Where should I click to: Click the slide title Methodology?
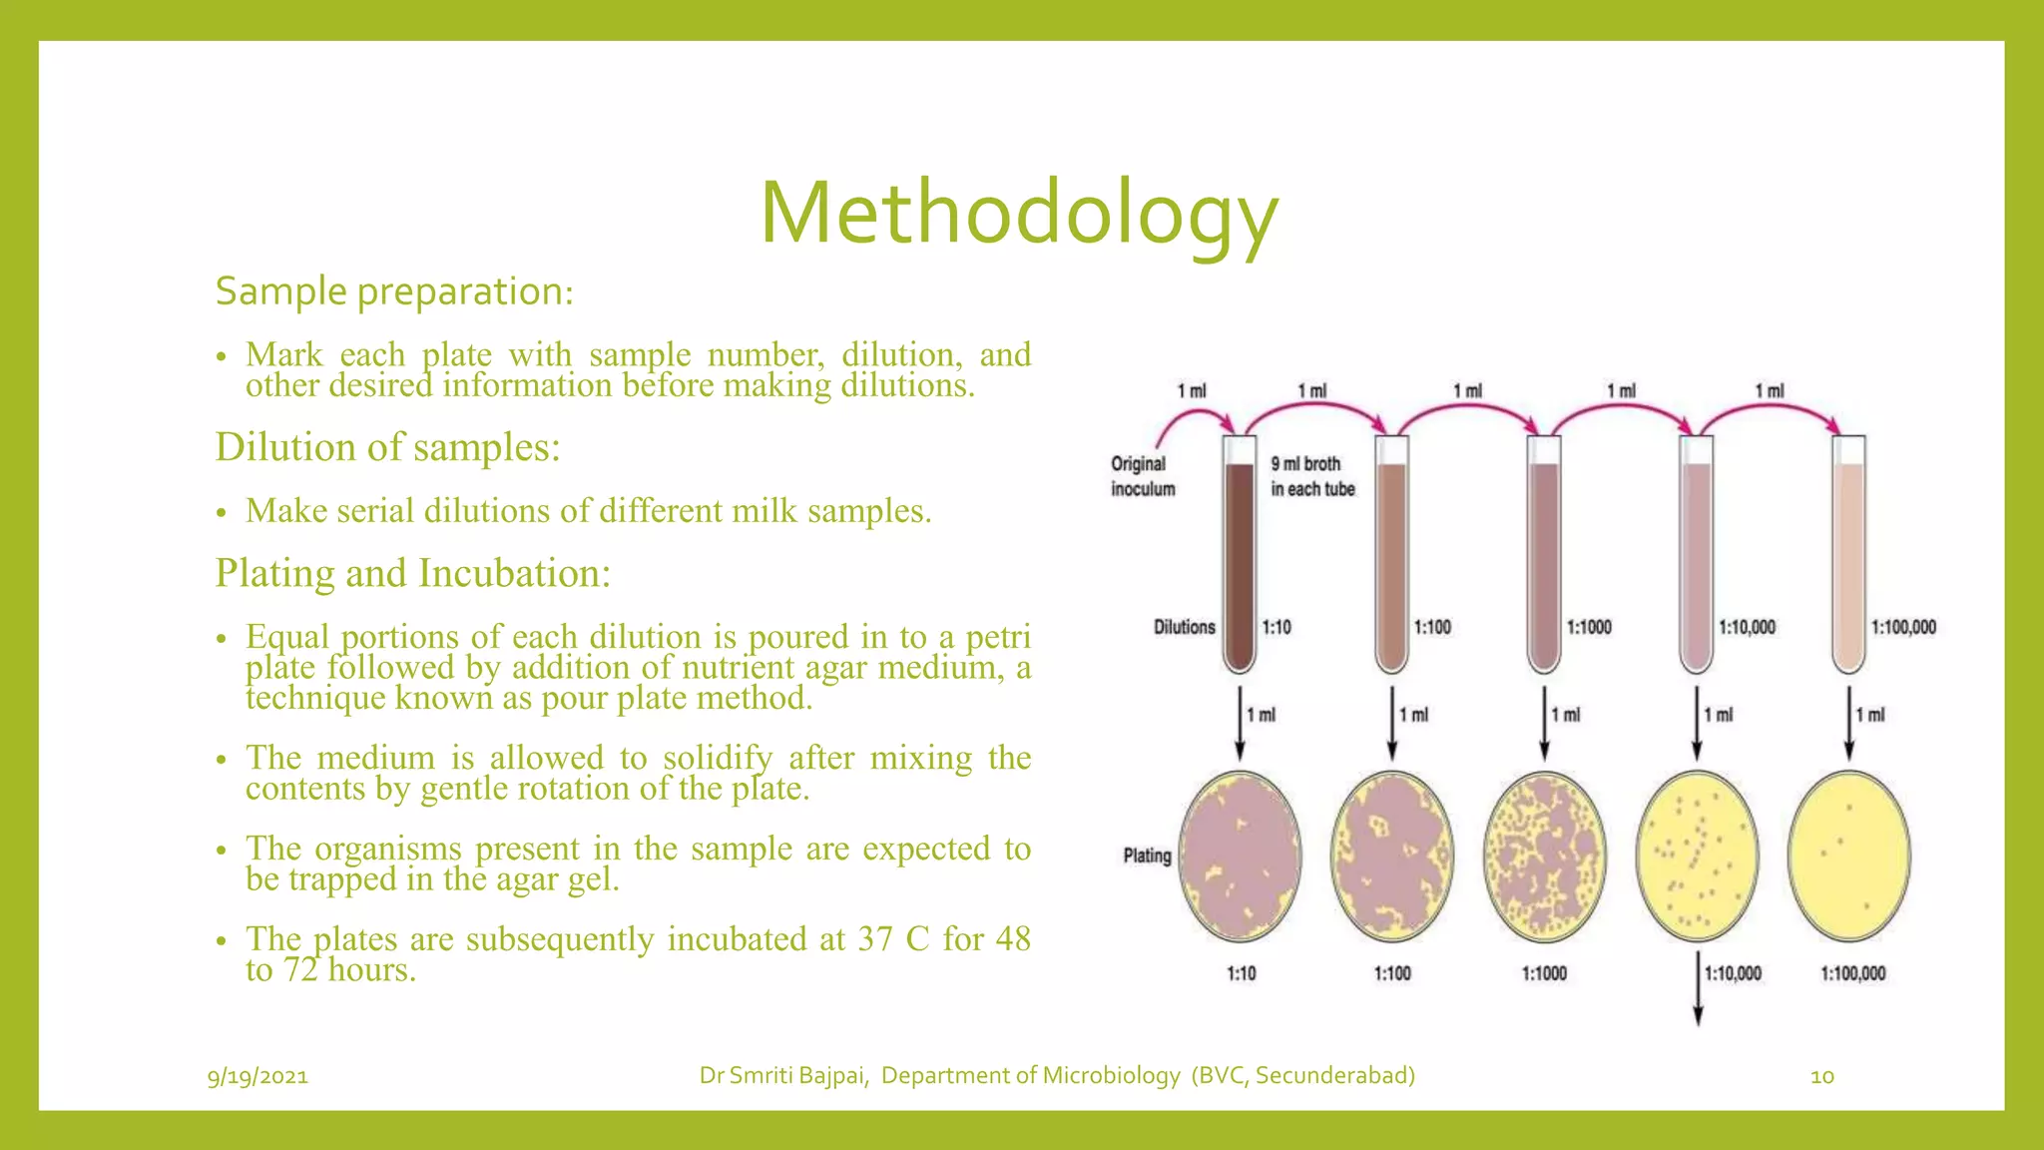click(x=1019, y=214)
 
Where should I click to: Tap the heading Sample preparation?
click(x=394, y=291)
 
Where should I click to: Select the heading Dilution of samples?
click(x=387, y=447)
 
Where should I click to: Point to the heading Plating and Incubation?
click(x=412, y=574)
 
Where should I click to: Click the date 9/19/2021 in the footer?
click(x=257, y=1076)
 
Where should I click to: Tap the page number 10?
click(x=1821, y=1076)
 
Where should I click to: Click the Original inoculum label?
click(x=1143, y=476)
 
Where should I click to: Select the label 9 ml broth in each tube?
click(x=1311, y=476)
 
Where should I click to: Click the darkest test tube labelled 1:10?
click(x=1240, y=559)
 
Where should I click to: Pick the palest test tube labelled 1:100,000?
click(x=1848, y=559)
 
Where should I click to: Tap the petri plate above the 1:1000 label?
click(x=1545, y=857)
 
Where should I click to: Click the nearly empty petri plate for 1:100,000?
click(x=1848, y=857)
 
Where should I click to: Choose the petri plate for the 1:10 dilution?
click(x=1240, y=857)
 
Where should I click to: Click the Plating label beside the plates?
click(x=1147, y=856)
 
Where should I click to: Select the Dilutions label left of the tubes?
click(x=1184, y=627)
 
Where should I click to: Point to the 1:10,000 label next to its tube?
click(x=1747, y=627)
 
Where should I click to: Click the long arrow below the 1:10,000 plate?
click(x=1698, y=988)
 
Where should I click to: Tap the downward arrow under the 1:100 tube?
click(x=1392, y=723)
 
